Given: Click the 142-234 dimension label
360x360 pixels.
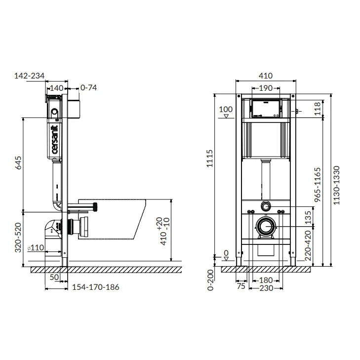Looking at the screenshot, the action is pos(30,76).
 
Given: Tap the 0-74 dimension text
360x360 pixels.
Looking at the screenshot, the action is pos(88,87).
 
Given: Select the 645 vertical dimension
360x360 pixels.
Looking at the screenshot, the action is pos(18,163).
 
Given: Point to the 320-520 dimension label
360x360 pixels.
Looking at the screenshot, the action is pos(18,238).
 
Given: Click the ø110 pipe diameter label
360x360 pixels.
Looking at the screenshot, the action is pos(36,247).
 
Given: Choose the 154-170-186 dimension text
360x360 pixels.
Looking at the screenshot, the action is pos(96,287).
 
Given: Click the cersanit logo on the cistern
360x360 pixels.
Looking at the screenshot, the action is pos(55,139).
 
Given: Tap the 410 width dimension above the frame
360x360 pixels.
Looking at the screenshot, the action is pos(266,76).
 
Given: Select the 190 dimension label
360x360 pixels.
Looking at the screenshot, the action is pos(266,88).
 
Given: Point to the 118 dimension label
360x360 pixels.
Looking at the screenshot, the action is pos(317,109).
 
